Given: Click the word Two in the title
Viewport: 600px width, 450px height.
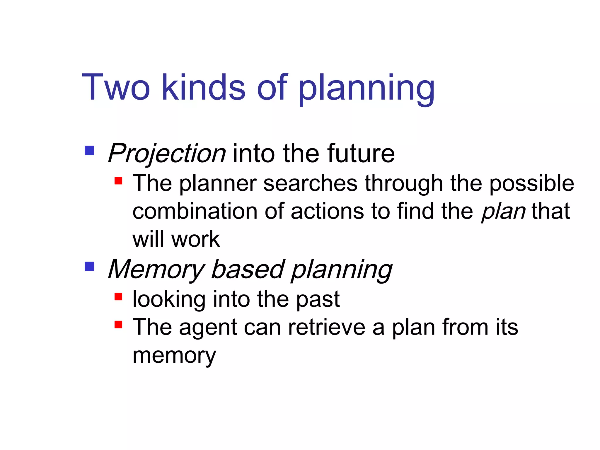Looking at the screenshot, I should point(116,87).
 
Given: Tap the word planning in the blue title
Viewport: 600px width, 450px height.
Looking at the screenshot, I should point(366,88).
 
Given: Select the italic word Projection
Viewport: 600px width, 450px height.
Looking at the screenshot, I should point(166,154).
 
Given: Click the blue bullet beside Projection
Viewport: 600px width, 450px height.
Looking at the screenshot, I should point(89,151).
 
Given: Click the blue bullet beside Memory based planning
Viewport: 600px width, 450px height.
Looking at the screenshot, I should point(89,267).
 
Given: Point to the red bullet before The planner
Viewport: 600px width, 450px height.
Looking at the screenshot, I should point(118,180).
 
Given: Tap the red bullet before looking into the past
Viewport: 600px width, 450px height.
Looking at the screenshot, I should point(118,296).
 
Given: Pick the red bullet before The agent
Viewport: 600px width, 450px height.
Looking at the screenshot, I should point(118,325).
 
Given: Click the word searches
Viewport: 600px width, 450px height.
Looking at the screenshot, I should point(310,183).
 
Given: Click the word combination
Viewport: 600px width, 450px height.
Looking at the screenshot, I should point(195,211).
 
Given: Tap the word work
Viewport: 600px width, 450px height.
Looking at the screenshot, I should point(195,239).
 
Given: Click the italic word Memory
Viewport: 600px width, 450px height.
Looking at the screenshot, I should point(156,270).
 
